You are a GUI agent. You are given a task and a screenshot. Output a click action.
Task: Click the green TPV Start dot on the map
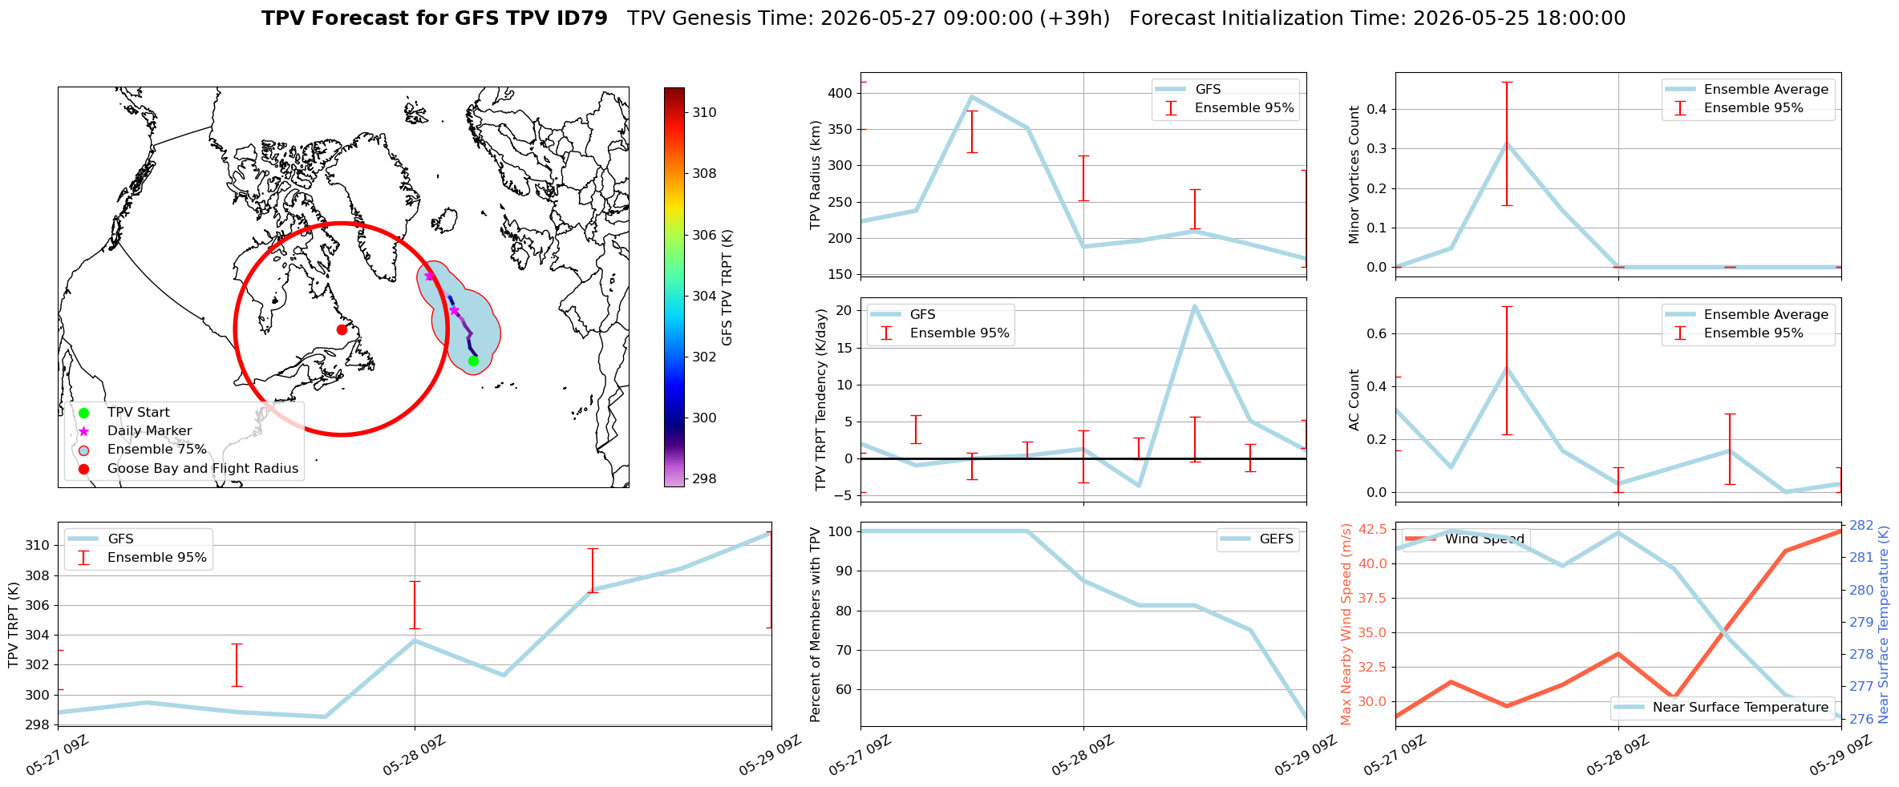(473, 361)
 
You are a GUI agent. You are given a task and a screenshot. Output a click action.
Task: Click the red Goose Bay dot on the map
(342, 329)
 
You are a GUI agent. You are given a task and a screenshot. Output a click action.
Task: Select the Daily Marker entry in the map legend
(149, 431)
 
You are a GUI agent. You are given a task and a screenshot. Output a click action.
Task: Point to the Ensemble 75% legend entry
(156, 450)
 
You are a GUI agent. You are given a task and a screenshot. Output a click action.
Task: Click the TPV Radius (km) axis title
(816, 175)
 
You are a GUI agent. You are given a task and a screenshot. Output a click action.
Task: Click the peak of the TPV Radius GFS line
(971, 97)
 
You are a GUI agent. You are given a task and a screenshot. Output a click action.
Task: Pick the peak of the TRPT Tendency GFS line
(1194, 306)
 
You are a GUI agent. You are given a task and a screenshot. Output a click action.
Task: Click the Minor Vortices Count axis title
(1354, 175)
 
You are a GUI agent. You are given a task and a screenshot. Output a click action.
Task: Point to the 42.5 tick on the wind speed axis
(1373, 529)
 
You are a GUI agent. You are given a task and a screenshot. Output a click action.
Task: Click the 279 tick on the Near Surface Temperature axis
(1862, 622)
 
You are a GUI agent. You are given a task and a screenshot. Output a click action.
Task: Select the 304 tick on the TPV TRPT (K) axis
(38, 635)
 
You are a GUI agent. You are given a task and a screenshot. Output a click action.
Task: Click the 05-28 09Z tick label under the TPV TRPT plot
(413, 756)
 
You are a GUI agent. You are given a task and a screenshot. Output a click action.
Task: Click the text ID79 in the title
(581, 18)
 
